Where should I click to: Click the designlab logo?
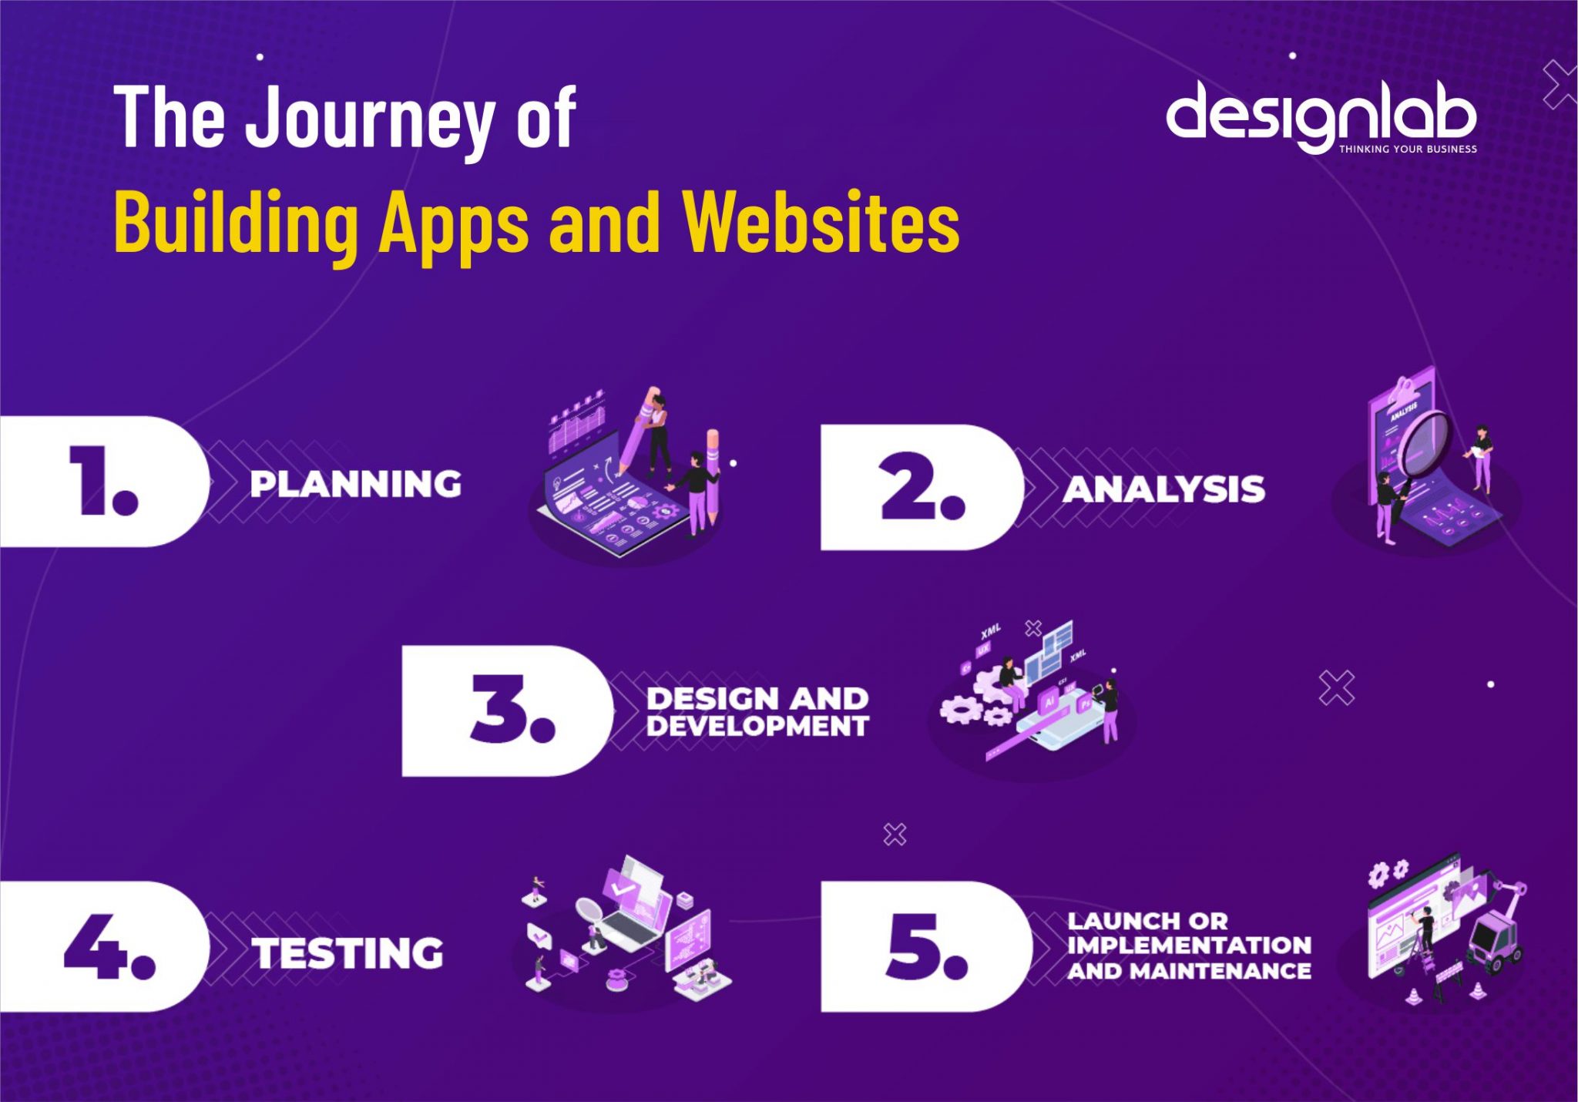pos(1321,116)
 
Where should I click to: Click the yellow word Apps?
pos(455,223)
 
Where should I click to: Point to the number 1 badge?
pos(103,482)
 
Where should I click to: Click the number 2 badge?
pos(922,487)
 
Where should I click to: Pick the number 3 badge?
pos(509,710)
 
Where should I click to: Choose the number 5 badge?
pos(925,946)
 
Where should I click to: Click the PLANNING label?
pos(356,484)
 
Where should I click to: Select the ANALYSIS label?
pos(1163,489)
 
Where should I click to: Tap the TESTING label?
pos(348,953)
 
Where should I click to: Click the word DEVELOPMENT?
pos(757,726)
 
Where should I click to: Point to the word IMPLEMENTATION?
pos(1189,945)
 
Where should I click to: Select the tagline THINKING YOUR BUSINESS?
pos(1408,149)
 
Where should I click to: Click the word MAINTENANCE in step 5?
pos(1220,971)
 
